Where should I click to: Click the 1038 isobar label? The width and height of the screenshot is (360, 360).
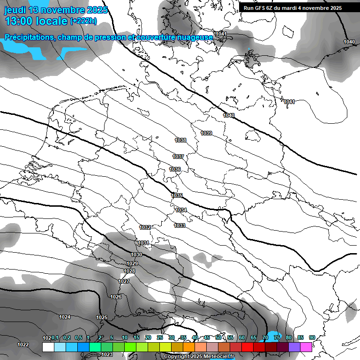pyautogui.click(x=180, y=140)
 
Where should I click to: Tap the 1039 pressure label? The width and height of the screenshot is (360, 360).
pyautogui.click(x=206, y=133)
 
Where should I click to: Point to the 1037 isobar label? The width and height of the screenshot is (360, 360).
pyautogui.click(x=178, y=157)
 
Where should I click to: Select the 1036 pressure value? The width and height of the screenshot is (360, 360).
pyautogui.click(x=175, y=169)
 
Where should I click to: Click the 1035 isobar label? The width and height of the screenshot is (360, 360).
pyautogui.click(x=177, y=195)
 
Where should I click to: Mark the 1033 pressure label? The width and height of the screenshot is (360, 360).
pyautogui.click(x=180, y=225)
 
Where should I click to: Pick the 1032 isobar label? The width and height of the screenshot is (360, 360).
pyautogui.click(x=145, y=227)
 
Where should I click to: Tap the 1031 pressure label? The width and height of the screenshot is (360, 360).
pyautogui.click(x=143, y=243)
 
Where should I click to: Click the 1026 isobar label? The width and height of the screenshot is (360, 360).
pyautogui.click(x=116, y=297)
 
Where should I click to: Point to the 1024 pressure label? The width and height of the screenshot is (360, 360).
pyautogui.click(x=65, y=317)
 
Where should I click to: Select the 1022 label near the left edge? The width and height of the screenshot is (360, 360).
pyautogui.click(x=23, y=345)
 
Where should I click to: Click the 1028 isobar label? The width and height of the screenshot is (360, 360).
pyautogui.click(x=130, y=271)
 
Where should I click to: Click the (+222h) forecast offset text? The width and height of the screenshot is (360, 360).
pyautogui.click(x=83, y=21)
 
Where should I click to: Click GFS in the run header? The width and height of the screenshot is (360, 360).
pyautogui.click(x=261, y=8)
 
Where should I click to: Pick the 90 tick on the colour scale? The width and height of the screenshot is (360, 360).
pyautogui.click(x=312, y=337)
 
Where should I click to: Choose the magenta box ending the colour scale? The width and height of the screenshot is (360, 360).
pyautogui.click(x=306, y=347)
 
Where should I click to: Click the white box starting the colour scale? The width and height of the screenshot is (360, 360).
pyautogui.click(x=48, y=347)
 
